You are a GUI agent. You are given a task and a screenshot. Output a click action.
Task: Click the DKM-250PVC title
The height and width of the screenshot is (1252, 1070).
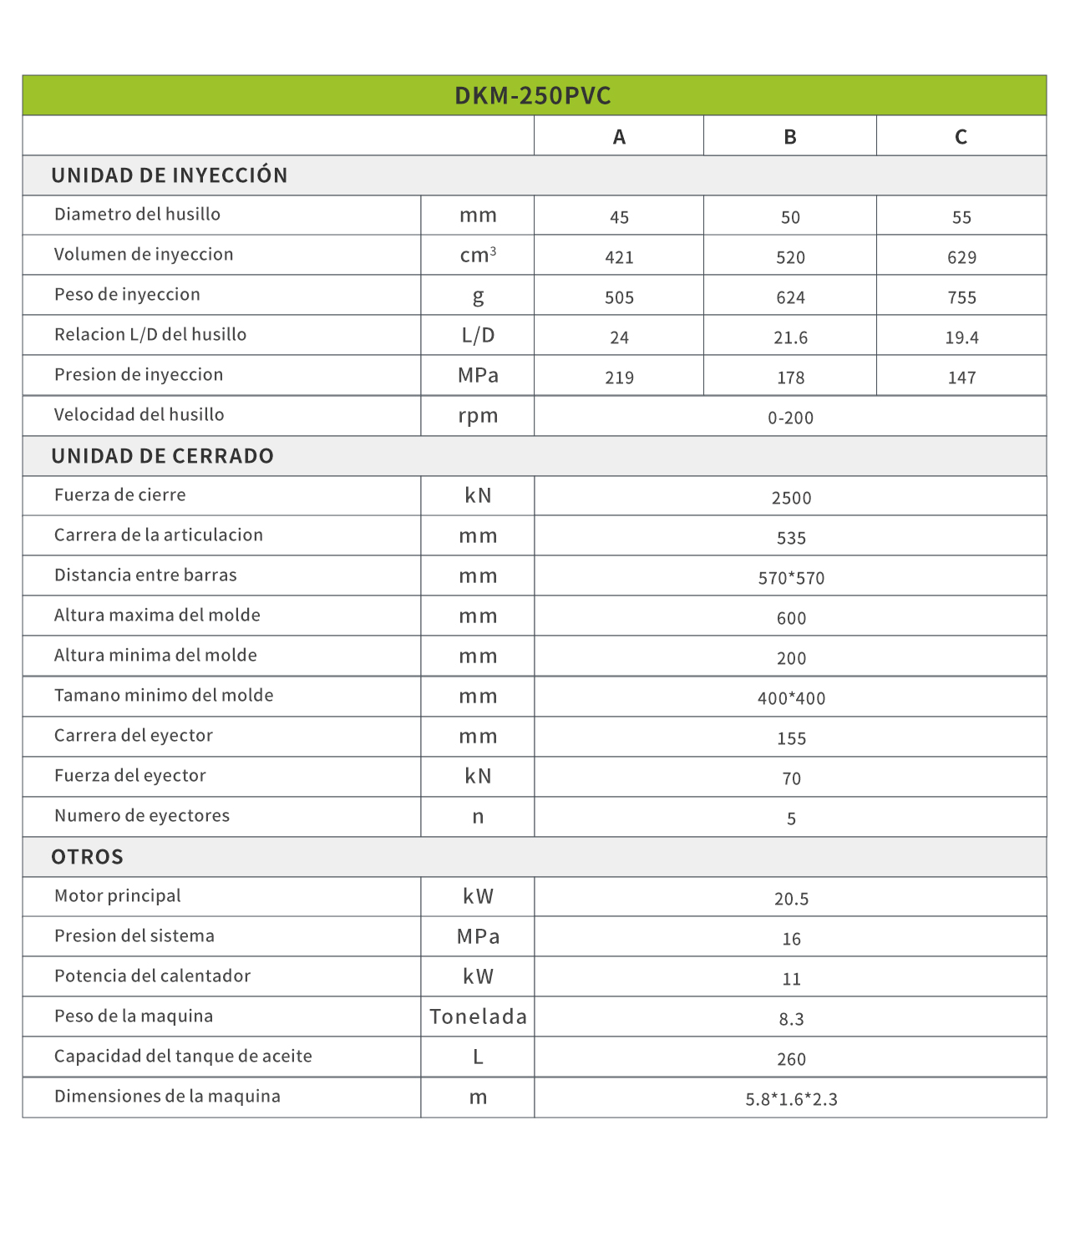533,96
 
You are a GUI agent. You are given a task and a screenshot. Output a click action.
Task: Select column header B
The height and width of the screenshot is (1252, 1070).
789,137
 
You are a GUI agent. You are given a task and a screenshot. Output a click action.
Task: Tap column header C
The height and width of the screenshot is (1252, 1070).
961,137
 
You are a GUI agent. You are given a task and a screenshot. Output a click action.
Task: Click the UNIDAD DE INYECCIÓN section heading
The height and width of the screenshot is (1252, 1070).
170,175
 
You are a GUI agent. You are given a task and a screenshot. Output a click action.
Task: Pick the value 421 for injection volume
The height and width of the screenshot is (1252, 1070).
619,257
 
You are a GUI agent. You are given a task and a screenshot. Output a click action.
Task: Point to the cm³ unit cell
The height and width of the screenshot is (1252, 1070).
478,255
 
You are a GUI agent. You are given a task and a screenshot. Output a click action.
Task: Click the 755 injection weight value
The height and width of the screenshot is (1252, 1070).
961,297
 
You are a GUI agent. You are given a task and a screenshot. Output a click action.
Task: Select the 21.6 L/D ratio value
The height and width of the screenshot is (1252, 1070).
790,337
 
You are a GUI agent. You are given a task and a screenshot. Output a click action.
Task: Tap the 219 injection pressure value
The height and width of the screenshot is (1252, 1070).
619,378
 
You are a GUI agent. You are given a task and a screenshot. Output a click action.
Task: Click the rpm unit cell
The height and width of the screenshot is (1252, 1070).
478,416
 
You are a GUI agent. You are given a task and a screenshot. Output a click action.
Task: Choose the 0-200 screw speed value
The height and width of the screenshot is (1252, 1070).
790,418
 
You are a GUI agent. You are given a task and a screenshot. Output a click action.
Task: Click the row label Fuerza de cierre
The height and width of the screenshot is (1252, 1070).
120,495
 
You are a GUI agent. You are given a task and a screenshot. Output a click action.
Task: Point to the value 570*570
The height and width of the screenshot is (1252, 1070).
791,578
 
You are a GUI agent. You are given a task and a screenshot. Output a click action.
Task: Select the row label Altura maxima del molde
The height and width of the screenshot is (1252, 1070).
157,616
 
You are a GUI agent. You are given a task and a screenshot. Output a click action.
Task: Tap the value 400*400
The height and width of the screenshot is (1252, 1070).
791,698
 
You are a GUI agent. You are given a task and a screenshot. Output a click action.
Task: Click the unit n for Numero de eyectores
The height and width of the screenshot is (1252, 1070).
478,817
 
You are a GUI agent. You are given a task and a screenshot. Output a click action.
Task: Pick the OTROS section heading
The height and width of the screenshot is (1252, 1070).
88,857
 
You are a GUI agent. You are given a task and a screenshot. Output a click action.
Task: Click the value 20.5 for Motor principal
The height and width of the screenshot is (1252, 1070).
791,899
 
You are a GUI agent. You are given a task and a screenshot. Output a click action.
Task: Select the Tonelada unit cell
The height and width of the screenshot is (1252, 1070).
478,1016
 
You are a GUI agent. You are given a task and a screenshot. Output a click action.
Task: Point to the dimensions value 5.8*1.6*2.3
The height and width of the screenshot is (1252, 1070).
791,1099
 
